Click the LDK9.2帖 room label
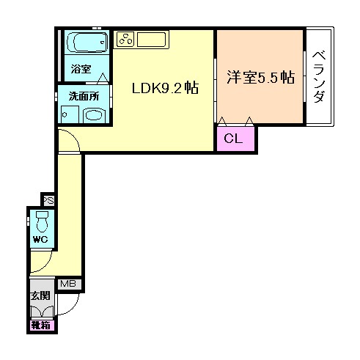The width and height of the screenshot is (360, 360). [x=165, y=89]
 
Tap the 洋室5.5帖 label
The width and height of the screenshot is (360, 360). [x=260, y=77]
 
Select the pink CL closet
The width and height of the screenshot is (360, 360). [x=235, y=137]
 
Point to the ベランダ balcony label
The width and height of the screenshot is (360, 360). [x=319, y=77]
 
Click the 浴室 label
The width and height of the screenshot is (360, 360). [x=81, y=70]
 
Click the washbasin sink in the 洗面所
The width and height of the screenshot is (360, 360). [x=94, y=115]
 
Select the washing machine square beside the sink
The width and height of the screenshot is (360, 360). [x=69, y=114]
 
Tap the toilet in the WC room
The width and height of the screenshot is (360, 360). [x=42, y=220]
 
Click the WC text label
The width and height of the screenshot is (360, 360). [x=40, y=240]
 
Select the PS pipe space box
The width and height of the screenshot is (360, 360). [x=48, y=199]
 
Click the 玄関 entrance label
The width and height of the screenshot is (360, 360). [x=40, y=295]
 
